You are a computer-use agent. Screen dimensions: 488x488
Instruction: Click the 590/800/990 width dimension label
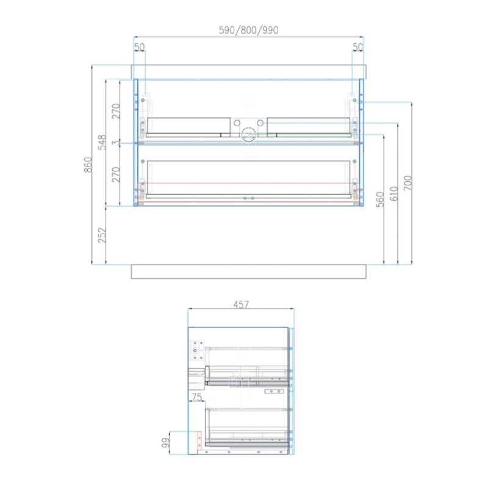coord(248,30)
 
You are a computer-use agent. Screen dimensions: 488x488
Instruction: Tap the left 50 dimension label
coord(140,47)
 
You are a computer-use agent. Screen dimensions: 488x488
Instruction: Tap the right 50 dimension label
coord(357,47)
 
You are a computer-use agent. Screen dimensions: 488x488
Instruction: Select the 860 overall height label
coord(88,165)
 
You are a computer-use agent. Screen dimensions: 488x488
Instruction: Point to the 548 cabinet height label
coord(102,142)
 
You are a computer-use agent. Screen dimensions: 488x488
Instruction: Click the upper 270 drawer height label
coord(116,111)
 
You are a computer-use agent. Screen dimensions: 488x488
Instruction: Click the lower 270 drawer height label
coord(116,174)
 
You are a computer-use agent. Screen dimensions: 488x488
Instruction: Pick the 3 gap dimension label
coord(116,143)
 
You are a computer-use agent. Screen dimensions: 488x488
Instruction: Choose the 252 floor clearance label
coord(102,235)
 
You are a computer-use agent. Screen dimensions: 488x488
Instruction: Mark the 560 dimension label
coord(380,199)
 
